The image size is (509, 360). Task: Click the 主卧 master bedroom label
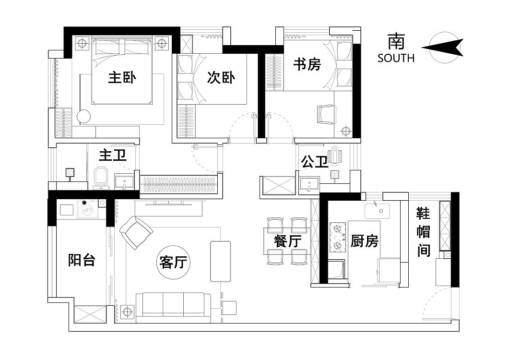[x=122, y=78]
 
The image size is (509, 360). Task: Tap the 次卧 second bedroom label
[x=221, y=78]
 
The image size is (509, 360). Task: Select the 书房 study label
[x=307, y=64]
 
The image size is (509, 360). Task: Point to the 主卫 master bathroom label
[x=113, y=155]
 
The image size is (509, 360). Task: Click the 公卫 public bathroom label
[x=315, y=161]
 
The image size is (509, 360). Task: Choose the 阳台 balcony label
[x=82, y=260]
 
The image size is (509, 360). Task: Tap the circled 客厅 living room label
[x=173, y=262]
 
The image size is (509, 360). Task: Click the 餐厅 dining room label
[x=288, y=241]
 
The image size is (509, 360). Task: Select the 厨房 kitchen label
[x=365, y=241]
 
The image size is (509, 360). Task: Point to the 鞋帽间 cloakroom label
[x=424, y=232]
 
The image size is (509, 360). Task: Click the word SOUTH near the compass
[x=396, y=58]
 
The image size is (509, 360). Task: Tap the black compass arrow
[x=442, y=48]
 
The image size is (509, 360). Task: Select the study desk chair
[x=325, y=114]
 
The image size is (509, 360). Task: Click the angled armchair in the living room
[x=136, y=233]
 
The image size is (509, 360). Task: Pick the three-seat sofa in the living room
[x=173, y=307]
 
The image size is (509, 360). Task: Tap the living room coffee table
[x=220, y=261]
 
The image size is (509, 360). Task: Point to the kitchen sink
[x=377, y=211]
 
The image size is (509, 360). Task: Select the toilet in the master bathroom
[x=101, y=178]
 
